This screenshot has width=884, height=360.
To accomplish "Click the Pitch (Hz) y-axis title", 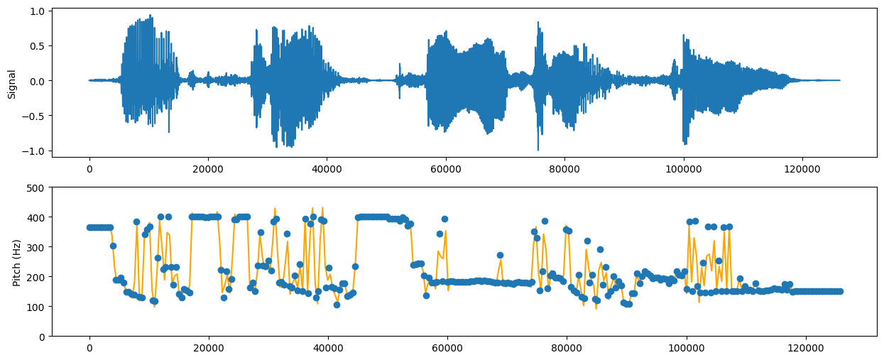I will [x=16, y=261].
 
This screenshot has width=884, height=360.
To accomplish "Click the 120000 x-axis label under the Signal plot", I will [x=803, y=168].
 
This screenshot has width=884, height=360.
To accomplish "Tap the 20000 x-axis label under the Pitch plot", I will [x=208, y=348].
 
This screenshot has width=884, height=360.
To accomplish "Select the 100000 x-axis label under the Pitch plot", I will [x=684, y=348].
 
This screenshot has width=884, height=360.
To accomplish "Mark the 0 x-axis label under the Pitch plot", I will [x=89, y=348].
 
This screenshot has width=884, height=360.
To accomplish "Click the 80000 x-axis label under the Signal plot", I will [x=566, y=168].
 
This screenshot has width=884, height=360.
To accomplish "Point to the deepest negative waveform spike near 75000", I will [x=538, y=150].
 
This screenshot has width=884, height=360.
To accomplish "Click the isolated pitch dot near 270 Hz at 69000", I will [x=500, y=255].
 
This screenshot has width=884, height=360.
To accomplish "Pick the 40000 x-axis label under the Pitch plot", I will [x=327, y=348].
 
